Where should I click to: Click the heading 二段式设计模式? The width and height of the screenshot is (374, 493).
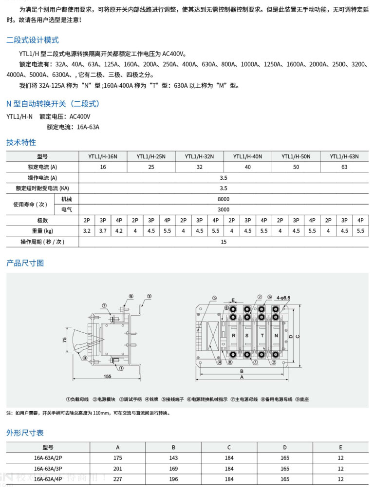[x=33, y=40]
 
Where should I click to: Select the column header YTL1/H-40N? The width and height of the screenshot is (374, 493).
[x=247, y=156]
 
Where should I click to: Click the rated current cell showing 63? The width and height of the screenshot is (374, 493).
[x=344, y=167]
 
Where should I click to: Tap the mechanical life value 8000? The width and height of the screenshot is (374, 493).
[x=224, y=199]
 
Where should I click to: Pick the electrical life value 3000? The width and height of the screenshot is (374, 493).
[x=224, y=209]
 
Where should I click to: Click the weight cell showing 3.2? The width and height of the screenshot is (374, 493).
[x=87, y=231]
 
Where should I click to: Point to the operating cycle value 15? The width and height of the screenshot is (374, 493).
[x=224, y=242]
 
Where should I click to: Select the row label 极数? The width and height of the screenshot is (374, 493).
[x=42, y=220]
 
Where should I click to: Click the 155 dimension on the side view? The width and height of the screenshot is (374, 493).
[x=107, y=376]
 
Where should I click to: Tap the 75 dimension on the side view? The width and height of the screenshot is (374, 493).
[x=64, y=341]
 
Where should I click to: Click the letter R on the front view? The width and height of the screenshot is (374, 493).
[x=233, y=336]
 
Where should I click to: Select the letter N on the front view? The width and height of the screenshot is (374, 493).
[x=276, y=336]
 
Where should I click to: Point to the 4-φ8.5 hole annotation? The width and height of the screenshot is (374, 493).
[x=283, y=297]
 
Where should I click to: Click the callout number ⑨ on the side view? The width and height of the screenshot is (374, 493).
[x=149, y=296]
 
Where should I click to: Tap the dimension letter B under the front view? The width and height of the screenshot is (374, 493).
[x=242, y=371]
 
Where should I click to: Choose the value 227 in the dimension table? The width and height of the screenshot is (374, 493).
[x=118, y=479]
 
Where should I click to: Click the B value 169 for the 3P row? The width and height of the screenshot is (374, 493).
[x=174, y=468]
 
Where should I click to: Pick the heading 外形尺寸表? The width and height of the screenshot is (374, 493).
[x=25, y=433]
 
